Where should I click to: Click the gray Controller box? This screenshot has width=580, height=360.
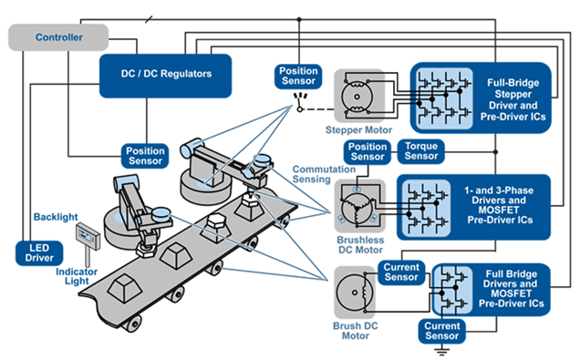coord(58,37)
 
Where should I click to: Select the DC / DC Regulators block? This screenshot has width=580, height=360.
coord(166,76)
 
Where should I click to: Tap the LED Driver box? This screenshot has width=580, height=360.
coord(39,253)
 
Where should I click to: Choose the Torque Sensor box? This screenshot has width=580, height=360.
coord(421,151)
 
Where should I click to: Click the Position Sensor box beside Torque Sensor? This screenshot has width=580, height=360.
coord(367,152)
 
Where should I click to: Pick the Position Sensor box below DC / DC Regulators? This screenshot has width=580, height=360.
coord(145,156)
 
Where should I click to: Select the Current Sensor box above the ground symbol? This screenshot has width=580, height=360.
coord(442,331)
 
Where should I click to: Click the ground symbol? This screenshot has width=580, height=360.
coord(441,350)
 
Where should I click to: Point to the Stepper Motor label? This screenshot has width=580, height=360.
coord(358,130)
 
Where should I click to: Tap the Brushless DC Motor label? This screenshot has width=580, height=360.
coord(360,245)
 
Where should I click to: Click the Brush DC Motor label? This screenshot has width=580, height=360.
coord(355,331)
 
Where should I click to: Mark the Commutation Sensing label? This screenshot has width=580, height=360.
coord(324,174)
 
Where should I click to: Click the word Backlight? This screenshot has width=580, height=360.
coord(56,217)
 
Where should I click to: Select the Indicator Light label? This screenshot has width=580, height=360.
coord(77,276)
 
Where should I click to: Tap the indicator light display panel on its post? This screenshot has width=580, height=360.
coord(88,237)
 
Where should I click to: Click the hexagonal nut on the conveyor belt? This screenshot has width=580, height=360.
coord(215,224)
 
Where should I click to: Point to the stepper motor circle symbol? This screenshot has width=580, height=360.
coord(357,97)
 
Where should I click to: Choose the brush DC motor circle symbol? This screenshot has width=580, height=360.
coord(355,293)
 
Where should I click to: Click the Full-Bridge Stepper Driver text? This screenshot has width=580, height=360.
coord(513,99)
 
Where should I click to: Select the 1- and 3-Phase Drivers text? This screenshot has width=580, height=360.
coord(499,205)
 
